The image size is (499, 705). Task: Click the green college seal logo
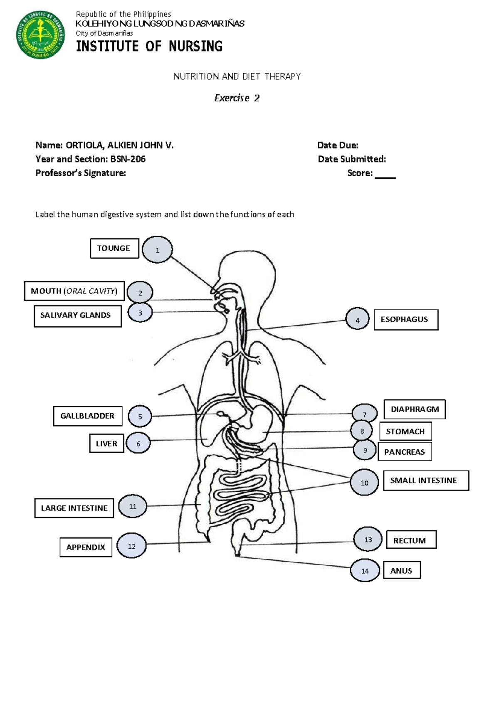pyautogui.click(x=40, y=35)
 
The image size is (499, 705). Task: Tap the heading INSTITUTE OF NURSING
pyautogui.click(x=149, y=46)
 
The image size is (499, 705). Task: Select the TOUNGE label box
pyautogui.click(x=114, y=249)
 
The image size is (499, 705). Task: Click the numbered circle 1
pyautogui.click(x=157, y=250)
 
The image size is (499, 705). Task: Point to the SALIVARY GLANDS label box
pyautogui.click(x=78, y=316)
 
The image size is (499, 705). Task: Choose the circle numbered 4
pyautogui.click(x=357, y=319)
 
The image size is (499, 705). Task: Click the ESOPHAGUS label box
pyautogui.click(x=406, y=320)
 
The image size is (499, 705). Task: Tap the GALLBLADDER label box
pyautogui.click(x=88, y=416)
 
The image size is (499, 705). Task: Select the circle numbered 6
pyautogui.click(x=138, y=443)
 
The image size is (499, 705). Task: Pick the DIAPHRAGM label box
pyautogui.click(x=415, y=409)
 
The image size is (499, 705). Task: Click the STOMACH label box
pyautogui.click(x=405, y=431)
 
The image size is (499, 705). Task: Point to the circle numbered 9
pyautogui.click(x=365, y=450)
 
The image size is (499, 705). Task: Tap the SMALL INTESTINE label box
pyautogui.click(x=426, y=481)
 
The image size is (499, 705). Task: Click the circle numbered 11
pyautogui.click(x=133, y=506)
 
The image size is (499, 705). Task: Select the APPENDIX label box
pyautogui.click(x=86, y=547)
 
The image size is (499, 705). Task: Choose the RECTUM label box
pyautogui.click(x=411, y=540)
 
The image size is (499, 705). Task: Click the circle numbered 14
pyautogui.click(x=365, y=570)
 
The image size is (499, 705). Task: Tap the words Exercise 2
pyautogui.click(x=237, y=98)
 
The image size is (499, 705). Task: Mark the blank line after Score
pyautogui.click(x=385, y=177)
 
